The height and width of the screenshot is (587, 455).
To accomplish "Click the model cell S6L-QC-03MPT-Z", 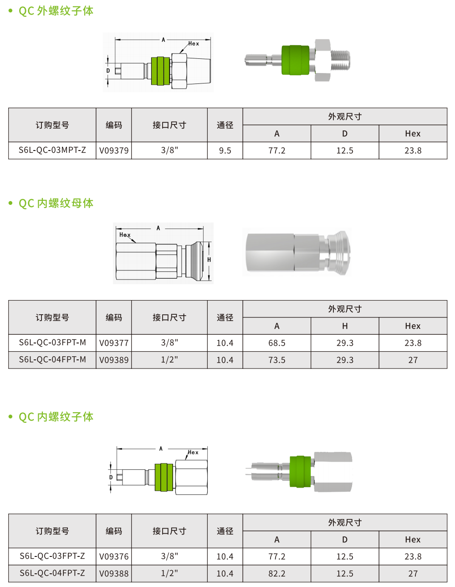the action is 52,150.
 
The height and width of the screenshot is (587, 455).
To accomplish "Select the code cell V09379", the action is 114,151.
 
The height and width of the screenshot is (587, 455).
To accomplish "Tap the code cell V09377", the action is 114,343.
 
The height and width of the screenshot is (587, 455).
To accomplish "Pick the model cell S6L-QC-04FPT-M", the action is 52,359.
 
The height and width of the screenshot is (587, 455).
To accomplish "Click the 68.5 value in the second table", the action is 277,343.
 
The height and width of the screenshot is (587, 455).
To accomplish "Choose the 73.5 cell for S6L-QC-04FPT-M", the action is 277,360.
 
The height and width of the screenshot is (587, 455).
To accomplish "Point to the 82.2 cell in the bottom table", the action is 277,573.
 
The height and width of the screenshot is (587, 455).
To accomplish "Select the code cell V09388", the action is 114,573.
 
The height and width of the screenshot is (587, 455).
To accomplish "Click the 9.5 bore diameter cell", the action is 225,151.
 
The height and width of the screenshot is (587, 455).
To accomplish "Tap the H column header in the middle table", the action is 345,326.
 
